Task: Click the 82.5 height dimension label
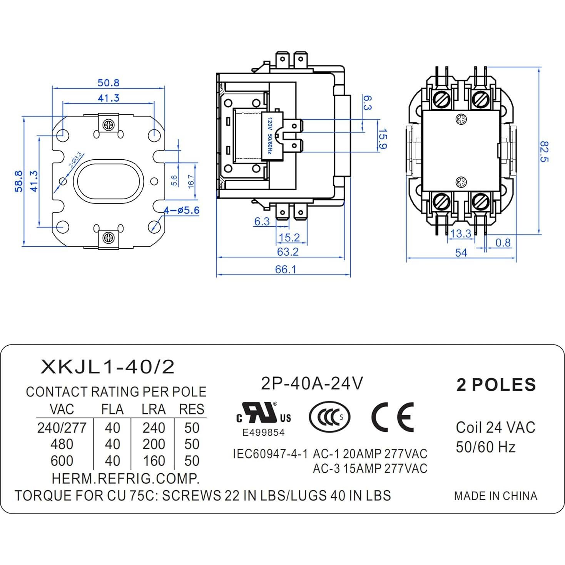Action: (x=543, y=151)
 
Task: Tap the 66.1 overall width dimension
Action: (x=285, y=269)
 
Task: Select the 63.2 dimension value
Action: (x=288, y=252)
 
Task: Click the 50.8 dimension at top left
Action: (x=108, y=83)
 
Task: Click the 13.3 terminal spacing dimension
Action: (x=460, y=234)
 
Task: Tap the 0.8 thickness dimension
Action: (x=503, y=243)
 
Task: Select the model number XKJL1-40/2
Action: (x=107, y=367)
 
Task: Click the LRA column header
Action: (x=154, y=410)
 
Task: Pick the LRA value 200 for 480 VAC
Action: (x=154, y=444)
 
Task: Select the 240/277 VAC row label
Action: (x=62, y=428)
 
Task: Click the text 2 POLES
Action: (x=496, y=384)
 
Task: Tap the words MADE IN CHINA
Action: (x=495, y=496)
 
